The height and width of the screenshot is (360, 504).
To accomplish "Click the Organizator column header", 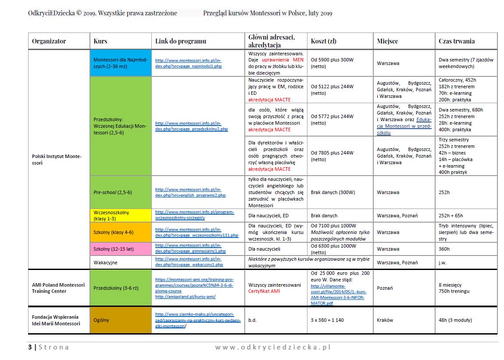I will (x=49, y=41).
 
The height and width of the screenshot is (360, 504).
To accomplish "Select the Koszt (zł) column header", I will (x=324, y=41).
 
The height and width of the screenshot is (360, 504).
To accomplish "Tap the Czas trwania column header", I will (x=457, y=41).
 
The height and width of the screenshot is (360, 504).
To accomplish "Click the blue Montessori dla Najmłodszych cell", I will (x=120, y=63).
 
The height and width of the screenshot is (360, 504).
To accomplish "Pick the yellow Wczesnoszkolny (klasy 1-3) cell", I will (x=120, y=216).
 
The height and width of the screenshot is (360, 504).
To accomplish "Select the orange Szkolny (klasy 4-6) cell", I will (x=120, y=232).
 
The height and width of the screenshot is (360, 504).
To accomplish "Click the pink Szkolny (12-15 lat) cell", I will (x=120, y=249).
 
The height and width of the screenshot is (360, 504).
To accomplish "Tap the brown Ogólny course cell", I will (x=120, y=320).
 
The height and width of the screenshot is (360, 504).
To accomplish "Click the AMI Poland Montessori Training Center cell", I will (x=58, y=288).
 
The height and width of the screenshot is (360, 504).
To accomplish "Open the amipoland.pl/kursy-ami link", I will (x=185, y=296).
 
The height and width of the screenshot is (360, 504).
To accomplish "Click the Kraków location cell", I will (x=385, y=320).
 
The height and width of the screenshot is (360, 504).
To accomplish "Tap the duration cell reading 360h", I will (x=444, y=249).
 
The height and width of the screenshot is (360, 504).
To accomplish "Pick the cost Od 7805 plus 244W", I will (x=332, y=153).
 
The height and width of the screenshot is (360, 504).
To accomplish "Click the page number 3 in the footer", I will (x=30, y=347).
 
